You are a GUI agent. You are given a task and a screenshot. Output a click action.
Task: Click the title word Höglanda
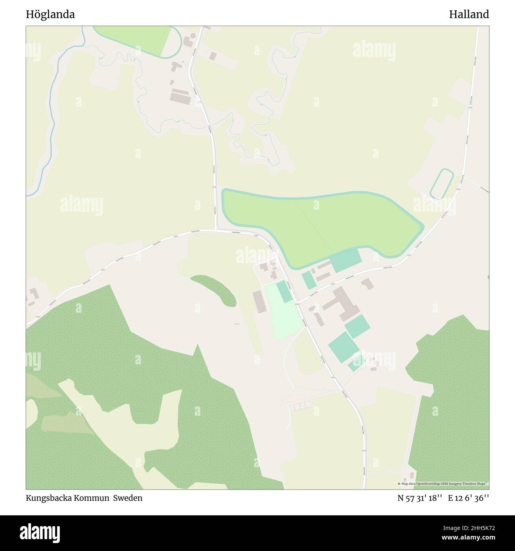50,15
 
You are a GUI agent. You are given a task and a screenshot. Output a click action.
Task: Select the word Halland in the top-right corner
469,15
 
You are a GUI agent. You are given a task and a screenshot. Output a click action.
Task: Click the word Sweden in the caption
128,498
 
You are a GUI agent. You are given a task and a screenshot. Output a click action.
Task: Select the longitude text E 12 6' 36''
469,498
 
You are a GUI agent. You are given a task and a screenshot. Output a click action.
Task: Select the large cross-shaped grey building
340,304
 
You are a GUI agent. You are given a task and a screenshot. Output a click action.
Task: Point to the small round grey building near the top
193,36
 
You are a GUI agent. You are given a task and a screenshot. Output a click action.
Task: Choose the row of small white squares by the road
301,405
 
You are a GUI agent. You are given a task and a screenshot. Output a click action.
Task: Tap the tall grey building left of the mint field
258,302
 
